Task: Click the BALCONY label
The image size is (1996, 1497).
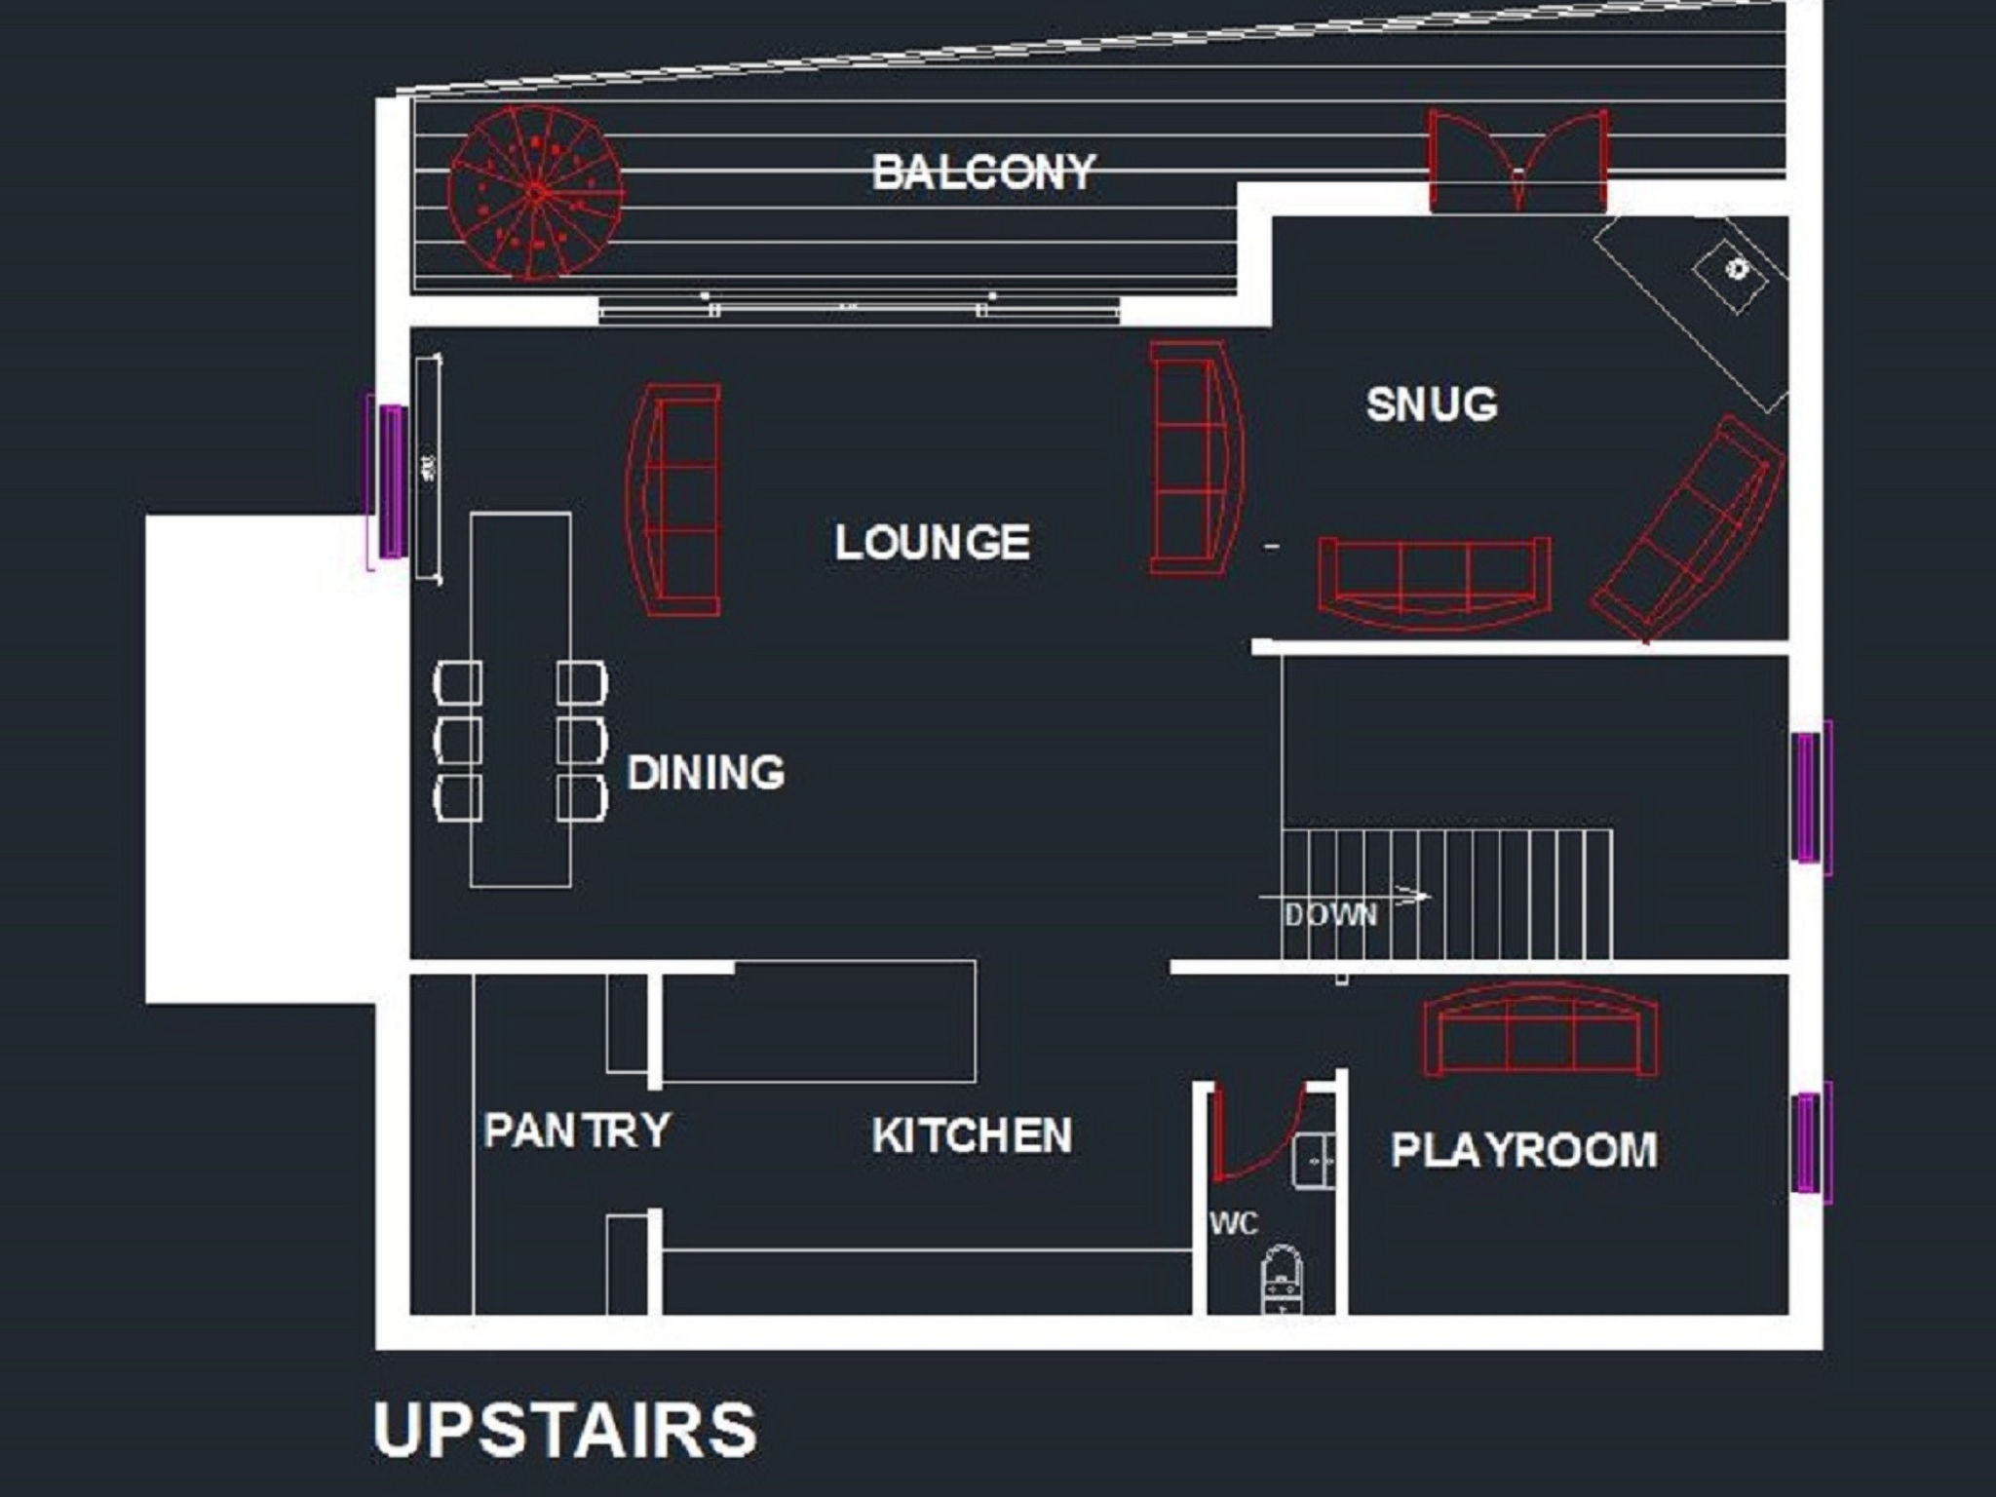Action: tap(983, 173)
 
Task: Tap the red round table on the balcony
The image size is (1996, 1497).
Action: tap(535, 193)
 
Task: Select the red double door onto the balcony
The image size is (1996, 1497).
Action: tap(1517, 161)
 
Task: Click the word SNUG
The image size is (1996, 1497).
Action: tap(1431, 403)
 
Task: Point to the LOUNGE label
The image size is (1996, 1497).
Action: tap(932, 542)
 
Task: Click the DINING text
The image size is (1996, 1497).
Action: tap(706, 773)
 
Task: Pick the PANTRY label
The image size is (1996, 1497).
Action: tap(577, 1131)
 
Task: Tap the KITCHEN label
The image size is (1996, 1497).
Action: tap(972, 1135)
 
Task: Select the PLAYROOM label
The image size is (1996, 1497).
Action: tap(1523, 1150)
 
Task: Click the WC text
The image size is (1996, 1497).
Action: tap(1234, 1223)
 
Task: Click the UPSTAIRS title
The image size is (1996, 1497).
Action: tap(564, 1430)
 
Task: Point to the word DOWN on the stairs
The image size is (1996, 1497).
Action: tap(1330, 915)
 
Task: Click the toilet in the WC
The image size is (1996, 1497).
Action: tap(1283, 1281)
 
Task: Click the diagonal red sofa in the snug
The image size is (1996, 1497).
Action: tap(1690, 528)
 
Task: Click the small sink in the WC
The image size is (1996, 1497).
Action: tap(1314, 1160)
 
